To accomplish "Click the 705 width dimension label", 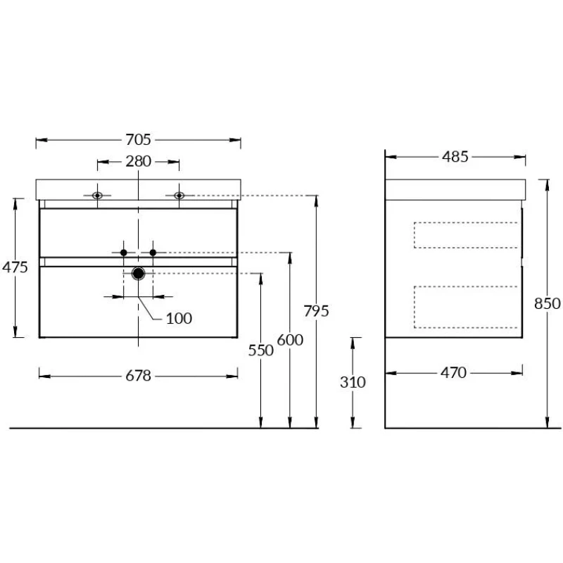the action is [138, 139].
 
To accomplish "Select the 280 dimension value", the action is [138, 162].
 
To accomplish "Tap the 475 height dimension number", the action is [15, 267].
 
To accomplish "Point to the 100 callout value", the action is [179, 319].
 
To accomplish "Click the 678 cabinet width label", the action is [138, 376].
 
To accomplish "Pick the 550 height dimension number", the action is [261, 350].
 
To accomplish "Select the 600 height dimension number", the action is [290, 340].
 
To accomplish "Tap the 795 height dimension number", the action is [316, 311].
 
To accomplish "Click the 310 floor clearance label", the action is [353, 382].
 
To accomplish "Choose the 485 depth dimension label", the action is [455, 157].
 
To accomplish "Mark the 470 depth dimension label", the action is [453, 373].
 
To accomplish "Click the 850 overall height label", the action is [548, 304].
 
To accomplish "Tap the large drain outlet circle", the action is [138, 274].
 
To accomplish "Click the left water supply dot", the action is [124, 253].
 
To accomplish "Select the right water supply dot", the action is [153, 253].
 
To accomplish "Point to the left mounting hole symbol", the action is [97, 196].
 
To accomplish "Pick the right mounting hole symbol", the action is [179, 196].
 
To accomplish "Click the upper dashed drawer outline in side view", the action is [415, 235].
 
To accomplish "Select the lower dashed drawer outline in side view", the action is [415, 307].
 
